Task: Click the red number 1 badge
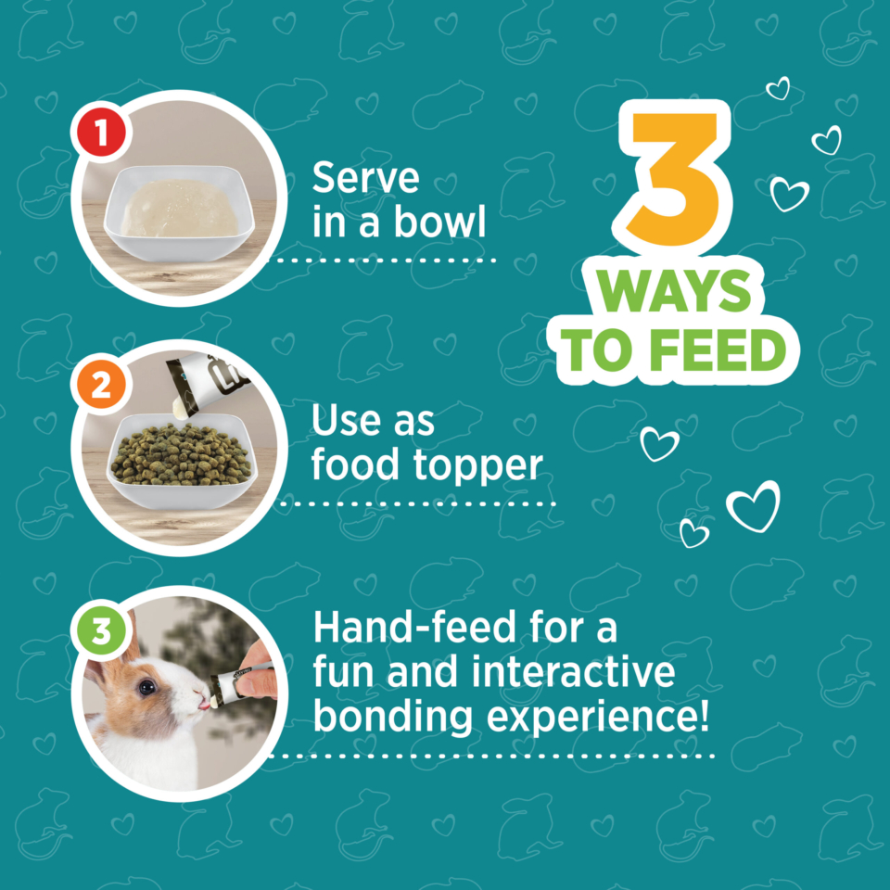click(x=102, y=132)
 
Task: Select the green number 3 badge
click(x=101, y=630)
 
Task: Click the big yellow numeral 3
click(x=675, y=179)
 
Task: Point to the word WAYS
click(x=674, y=290)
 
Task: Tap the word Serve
click(x=365, y=178)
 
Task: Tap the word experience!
click(x=598, y=718)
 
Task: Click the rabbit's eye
click(x=147, y=687)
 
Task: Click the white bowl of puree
click(x=179, y=213)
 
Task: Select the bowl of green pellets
click(x=182, y=459)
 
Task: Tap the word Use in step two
click(x=344, y=421)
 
